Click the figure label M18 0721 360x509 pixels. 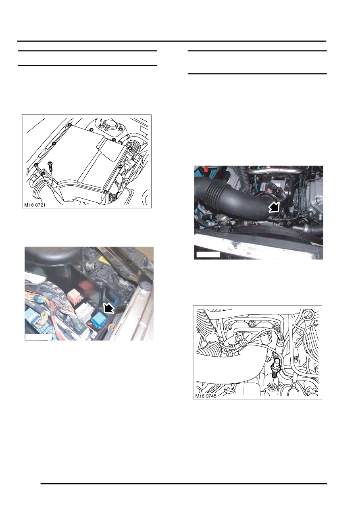pos(35,205)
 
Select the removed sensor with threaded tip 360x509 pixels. pos(275,368)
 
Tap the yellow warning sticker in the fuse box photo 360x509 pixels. pos(104,259)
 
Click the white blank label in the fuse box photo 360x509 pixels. pos(38,337)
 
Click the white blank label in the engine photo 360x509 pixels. pos(208,254)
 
